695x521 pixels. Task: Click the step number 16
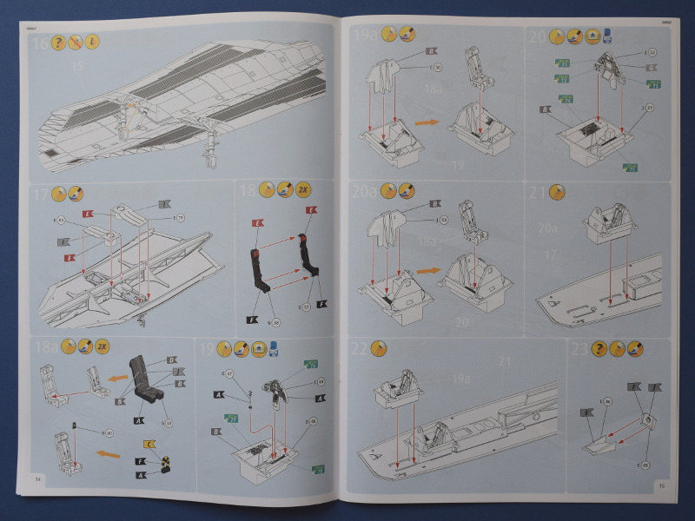click(x=38, y=43)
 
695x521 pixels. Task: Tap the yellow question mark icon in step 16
click(x=58, y=43)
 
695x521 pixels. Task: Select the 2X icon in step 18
click(x=303, y=189)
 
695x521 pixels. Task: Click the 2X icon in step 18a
click(x=103, y=346)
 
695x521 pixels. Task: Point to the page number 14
click(x=37, y=478)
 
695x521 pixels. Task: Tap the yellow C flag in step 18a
click(x=150, y=445)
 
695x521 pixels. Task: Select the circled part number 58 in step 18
click(x=277, y=323)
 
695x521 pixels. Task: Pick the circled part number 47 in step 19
click(x=229, y=373)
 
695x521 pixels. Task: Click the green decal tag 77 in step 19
click(x=232, y=419)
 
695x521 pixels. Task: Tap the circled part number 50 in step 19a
click(x=437, y=67)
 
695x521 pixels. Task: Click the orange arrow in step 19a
click(x=426, y=122)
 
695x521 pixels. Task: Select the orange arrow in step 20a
click(x=427, y=271)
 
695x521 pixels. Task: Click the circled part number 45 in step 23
click(x=645, y=465)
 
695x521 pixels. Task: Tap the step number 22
click(x=360, y=349)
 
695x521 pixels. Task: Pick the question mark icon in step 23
click(x=599, y=349)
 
